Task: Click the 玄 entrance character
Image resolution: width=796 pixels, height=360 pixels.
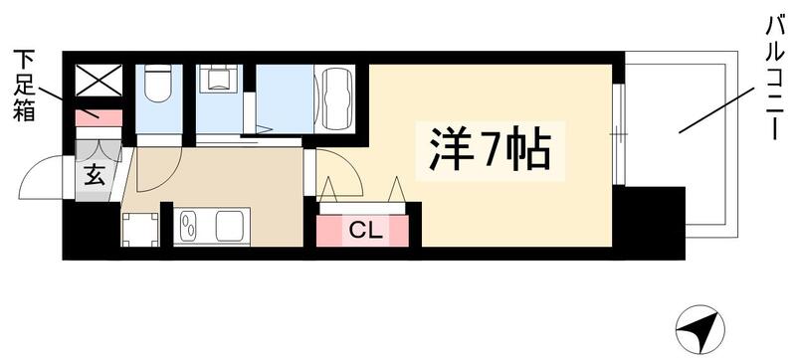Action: [x=95, y=176]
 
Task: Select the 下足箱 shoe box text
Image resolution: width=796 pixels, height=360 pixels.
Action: [x=24, y=85]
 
